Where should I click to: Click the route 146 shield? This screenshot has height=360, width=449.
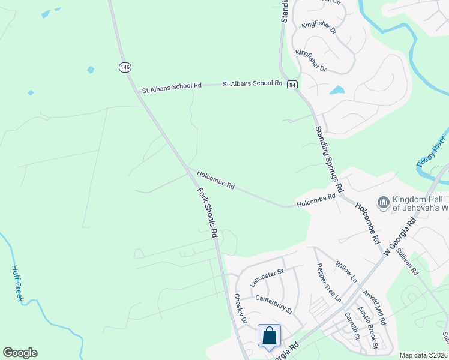[x=124, y=68]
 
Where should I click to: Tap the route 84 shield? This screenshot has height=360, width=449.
[x=292, y=85]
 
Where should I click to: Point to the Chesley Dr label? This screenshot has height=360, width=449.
[x=240, y=308]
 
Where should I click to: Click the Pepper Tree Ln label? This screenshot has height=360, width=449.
[x=328, y=283]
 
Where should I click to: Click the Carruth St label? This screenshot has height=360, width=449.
[x=351, y=326]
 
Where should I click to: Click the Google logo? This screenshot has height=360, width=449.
[x=20, y=353]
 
